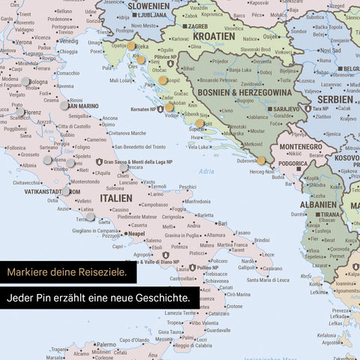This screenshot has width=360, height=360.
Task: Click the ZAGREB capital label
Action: click(x=197, y=25)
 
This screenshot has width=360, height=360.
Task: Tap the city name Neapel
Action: click(x=136, y=234)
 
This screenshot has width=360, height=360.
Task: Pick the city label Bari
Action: click(x=221, y=223)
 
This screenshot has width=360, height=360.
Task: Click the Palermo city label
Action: click(x=105, y=344)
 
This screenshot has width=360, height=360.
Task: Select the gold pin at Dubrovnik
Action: click(x=261, y=160)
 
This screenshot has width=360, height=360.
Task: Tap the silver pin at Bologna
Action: click(x=25, y=81)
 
